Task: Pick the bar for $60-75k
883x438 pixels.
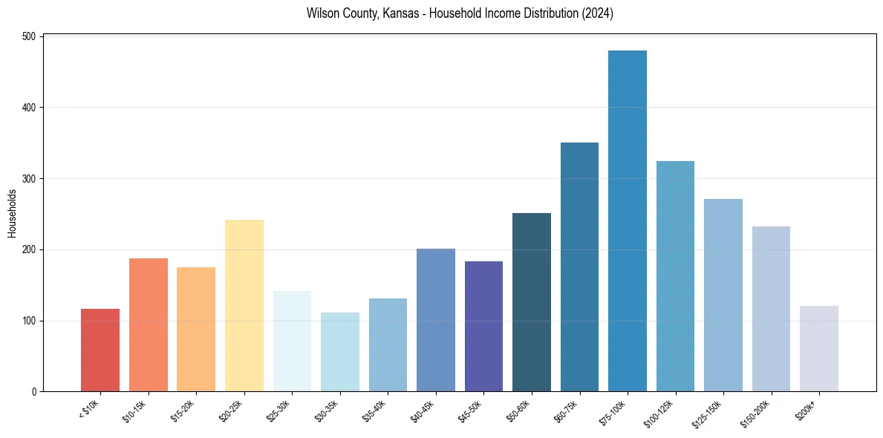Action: pos(579,267)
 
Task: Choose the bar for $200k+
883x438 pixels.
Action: pos(819,349)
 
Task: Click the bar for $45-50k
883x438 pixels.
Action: pos(483,327)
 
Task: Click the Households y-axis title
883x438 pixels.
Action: pos(13,213)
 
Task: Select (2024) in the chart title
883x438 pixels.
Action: pos(599,14)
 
